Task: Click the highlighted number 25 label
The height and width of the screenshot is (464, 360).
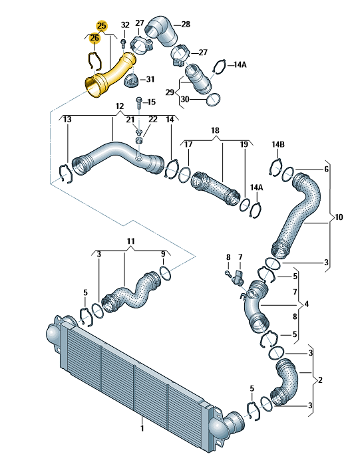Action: (101, 26)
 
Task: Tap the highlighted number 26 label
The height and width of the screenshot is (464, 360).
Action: (94, 38)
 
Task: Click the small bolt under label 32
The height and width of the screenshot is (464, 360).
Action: (123, 43)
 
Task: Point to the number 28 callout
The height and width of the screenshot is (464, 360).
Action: (186, 24)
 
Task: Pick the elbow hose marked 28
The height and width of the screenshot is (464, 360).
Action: (161, 31)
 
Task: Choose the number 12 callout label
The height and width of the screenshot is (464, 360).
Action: (119, 106)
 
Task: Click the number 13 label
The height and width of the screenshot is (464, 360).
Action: (68, 119)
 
